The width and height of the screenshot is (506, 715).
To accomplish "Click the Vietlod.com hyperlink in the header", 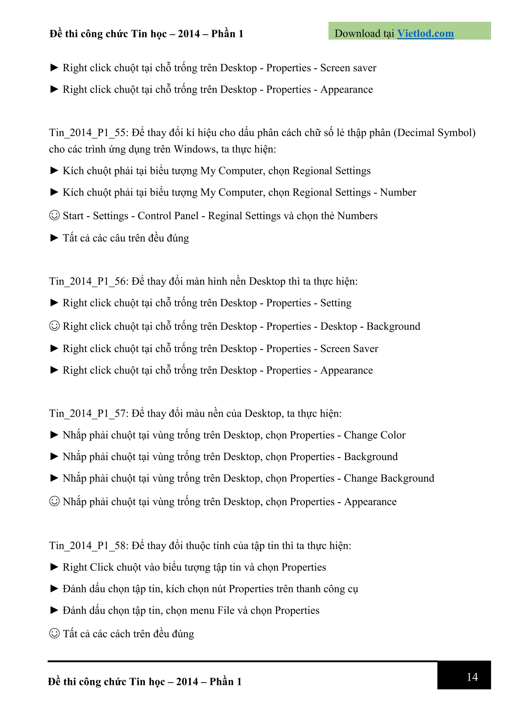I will coord(425,34).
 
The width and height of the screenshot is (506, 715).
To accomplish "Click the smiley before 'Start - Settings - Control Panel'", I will coord(54,215).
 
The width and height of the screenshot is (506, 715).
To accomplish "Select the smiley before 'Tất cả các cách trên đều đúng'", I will coord(54,633).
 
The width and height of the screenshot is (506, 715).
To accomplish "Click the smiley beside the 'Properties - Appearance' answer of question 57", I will coord(54,501).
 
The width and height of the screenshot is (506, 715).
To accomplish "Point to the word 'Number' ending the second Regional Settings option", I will coord(398,192).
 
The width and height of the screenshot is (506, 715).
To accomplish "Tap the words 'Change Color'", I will coord(374,435).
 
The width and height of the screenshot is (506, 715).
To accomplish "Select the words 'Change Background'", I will coord(389,478).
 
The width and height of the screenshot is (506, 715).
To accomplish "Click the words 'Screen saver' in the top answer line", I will coord(348,68).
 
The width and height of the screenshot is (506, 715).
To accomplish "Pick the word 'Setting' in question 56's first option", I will coord(336,303).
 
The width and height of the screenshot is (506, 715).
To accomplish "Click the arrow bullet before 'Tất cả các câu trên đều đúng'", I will coord(54,238).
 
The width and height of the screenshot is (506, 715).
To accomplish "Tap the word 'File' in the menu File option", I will coord(225,610).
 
